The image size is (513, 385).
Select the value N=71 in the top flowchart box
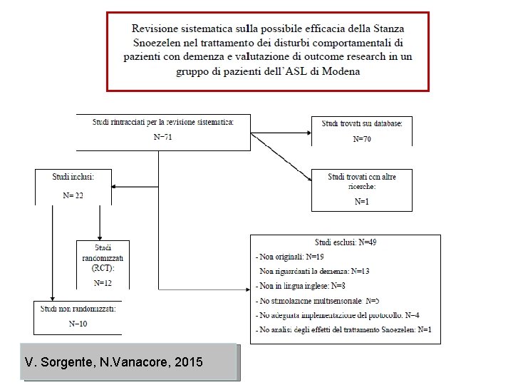point(163,137)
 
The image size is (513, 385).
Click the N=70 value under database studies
point(362,138)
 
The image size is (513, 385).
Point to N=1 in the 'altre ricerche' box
point(362,202)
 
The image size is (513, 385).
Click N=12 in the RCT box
point(103,283)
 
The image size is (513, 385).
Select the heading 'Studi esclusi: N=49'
point(346,242)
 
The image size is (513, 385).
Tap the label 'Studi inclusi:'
point(72,176)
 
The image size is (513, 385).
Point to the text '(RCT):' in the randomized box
point(103,269)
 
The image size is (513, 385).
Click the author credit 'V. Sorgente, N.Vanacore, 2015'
point(113,363)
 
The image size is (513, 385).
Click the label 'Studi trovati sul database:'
point(362,123)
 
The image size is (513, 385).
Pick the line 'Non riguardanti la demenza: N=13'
point(314,271)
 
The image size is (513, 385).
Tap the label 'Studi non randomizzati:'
point(78,309)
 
